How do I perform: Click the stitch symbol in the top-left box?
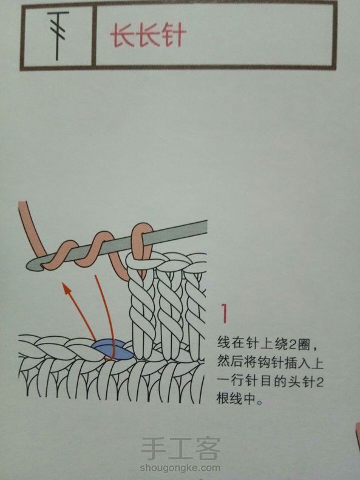[x=57, y=35]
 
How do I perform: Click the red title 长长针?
[x=148, y=36]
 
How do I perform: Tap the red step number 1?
[x=225, y=313]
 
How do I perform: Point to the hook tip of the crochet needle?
[x=30, y=265]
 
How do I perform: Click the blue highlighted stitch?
[x=113, y=350]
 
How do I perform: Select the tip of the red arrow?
[x=64, y=284]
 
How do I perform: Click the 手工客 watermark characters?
[x=181, y=448]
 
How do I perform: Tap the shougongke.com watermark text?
[x=180, y=468]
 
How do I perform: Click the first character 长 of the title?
[x=123, y=36]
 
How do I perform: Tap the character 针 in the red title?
[x=174, y=36]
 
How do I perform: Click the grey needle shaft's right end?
[x=206, y=226]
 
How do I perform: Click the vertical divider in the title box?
[x=94, y=36]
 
